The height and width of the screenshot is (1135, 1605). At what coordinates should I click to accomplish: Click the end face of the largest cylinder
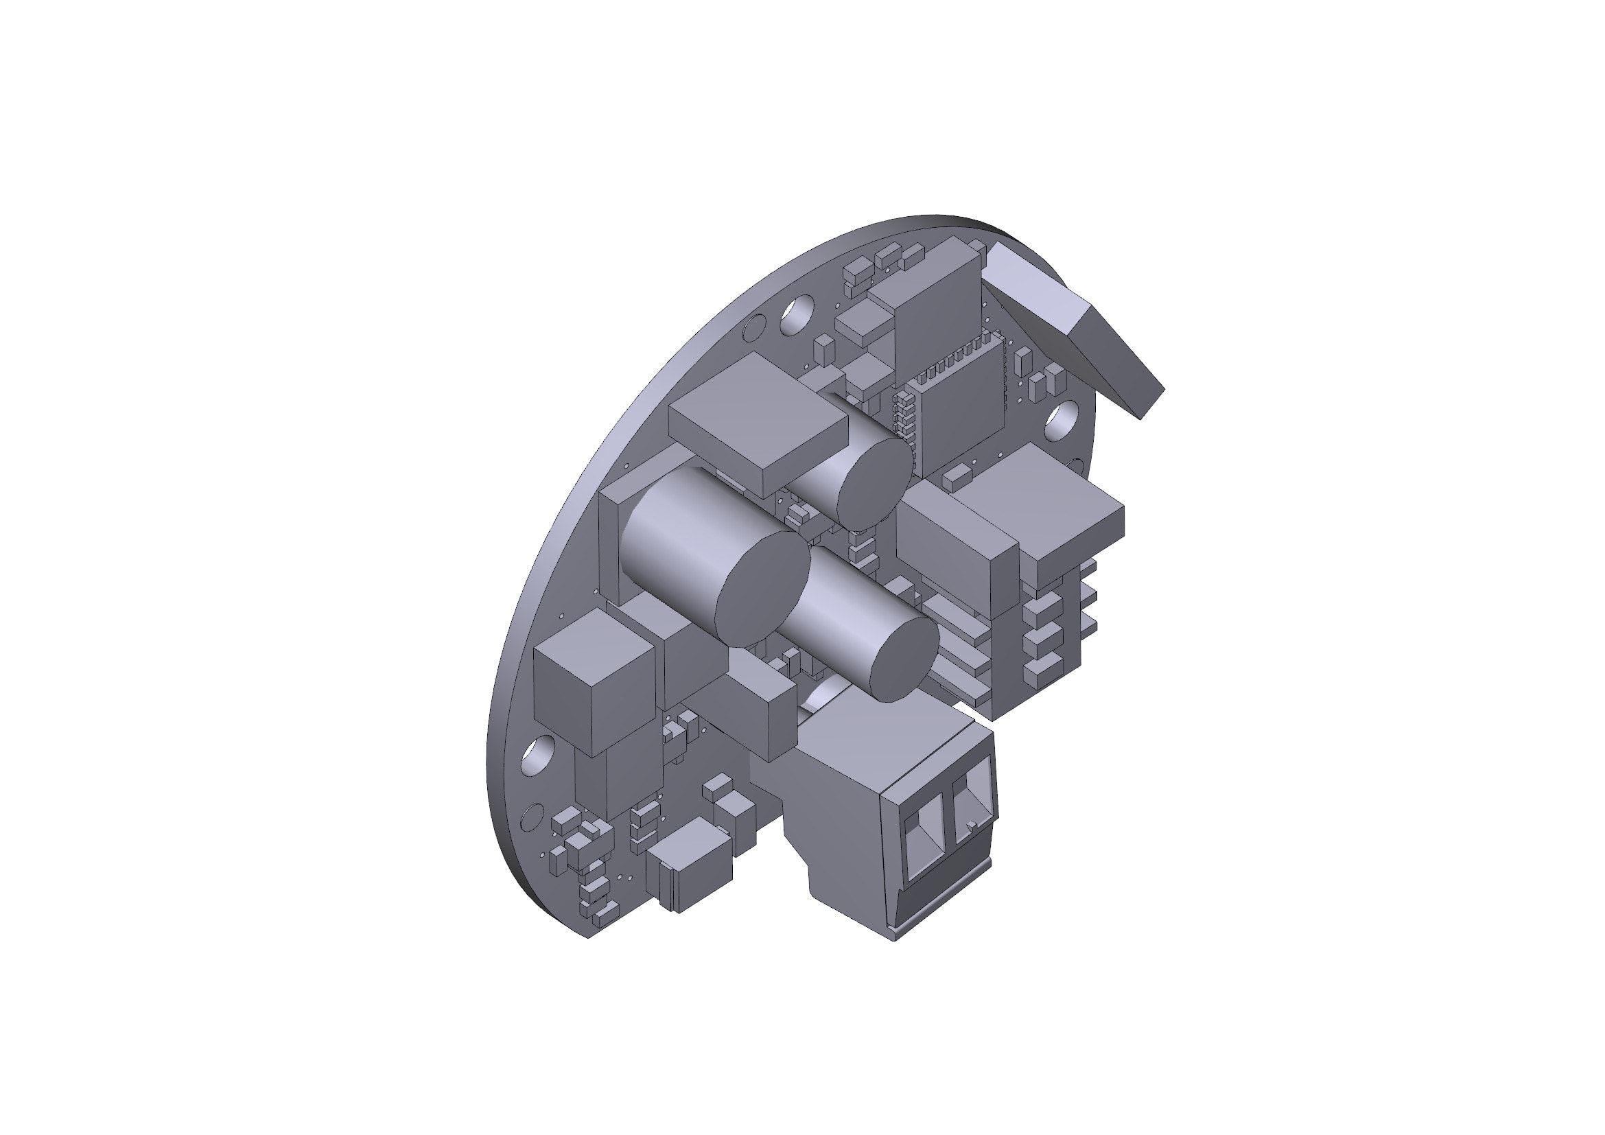pos(763,589)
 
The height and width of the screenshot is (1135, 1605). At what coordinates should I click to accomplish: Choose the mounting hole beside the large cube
pos(537,755)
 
